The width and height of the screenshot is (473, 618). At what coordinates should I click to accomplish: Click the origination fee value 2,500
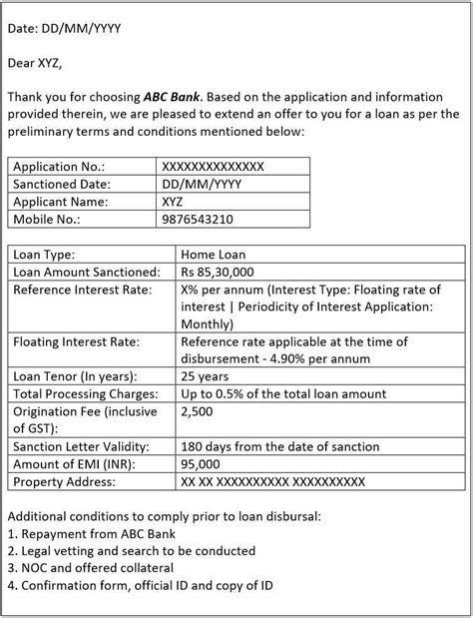point(198,411)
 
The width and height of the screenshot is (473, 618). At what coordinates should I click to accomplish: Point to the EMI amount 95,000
point(202,464)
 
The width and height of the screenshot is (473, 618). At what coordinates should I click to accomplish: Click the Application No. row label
point(59,167)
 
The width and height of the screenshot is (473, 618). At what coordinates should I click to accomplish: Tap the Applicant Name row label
point(64,202)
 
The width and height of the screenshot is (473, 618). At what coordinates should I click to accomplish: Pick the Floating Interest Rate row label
point(77,341)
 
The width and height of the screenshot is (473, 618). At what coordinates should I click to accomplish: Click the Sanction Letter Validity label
point(83,446)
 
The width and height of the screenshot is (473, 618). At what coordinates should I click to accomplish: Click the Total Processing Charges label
point(85,394)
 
